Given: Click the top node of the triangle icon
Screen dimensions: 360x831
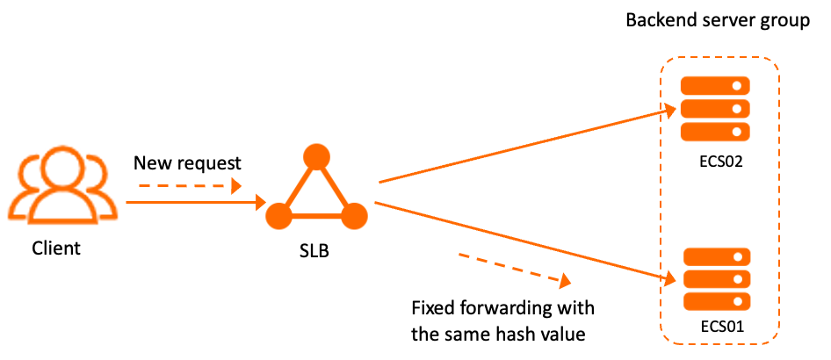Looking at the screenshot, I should click(316, 156).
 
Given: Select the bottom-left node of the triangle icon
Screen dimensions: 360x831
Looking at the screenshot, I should click(278, 215).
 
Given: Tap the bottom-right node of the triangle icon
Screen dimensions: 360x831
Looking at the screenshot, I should click(354, 215).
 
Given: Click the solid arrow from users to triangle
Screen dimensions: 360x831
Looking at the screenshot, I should click(193, 203).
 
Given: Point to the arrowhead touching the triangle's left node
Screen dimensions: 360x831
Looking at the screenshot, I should click(261, 203).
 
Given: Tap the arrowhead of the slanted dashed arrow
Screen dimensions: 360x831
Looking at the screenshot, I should click(566, 281).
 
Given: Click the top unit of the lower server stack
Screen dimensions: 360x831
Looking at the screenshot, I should click(717, 256).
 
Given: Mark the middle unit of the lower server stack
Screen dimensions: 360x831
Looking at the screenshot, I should click(717, 279).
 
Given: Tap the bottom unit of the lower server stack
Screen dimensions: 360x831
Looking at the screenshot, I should click(717, 301).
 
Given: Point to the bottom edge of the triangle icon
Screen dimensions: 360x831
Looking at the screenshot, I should click(316, 216).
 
